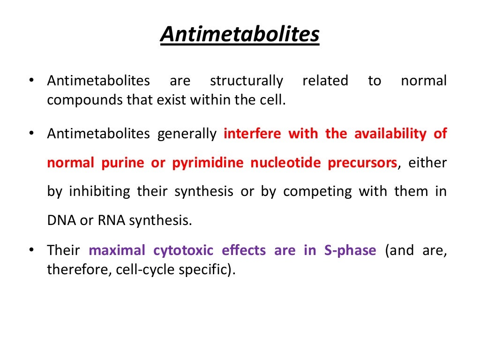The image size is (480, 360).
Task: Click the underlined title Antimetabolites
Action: (240, 35)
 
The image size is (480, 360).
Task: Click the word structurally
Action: (247, 81)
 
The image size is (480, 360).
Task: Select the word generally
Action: (187, 135)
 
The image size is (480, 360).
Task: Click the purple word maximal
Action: (117, 251)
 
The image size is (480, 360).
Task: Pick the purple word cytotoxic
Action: (183, 251)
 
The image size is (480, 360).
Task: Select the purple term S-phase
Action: (350, 251)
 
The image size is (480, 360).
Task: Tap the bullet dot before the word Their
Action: (31, 250)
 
